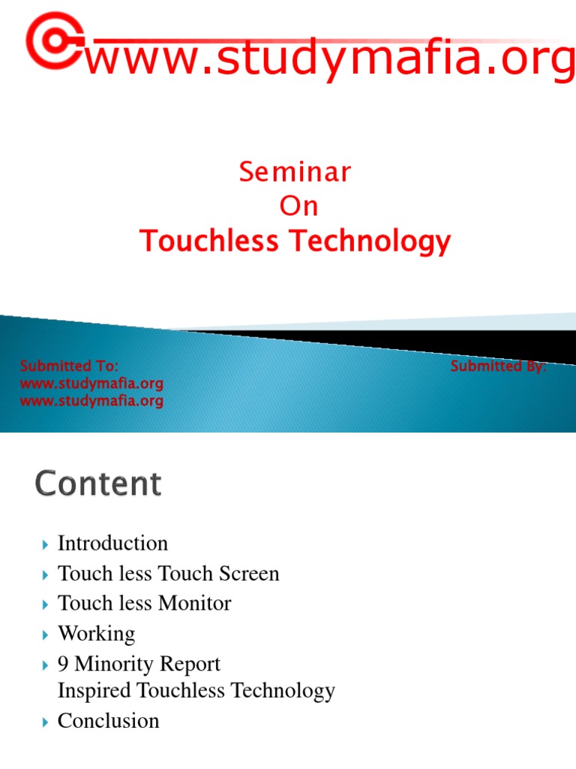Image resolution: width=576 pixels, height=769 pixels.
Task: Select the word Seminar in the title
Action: point(295,173)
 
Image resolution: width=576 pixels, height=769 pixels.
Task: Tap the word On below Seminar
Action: point(298,207)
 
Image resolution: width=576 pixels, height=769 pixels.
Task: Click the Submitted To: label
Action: point(69,366)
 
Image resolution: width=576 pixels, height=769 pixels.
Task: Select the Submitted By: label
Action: point(498,366)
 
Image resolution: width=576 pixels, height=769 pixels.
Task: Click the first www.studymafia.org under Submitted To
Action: point(91,384)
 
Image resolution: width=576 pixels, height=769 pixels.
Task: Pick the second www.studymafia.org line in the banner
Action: point(91,401)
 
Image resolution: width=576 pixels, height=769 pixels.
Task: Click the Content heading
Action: point(97,484)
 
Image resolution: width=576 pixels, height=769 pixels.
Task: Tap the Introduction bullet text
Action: point(112,543)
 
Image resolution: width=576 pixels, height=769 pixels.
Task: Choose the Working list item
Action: point(97,633)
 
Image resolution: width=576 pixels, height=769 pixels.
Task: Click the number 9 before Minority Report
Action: point(64,664)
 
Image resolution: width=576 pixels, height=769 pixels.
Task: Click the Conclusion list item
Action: point(109,720)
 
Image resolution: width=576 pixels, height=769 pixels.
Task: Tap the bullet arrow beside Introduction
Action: point(44,544)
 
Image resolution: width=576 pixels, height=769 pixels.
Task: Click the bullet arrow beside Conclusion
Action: point(44,721)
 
